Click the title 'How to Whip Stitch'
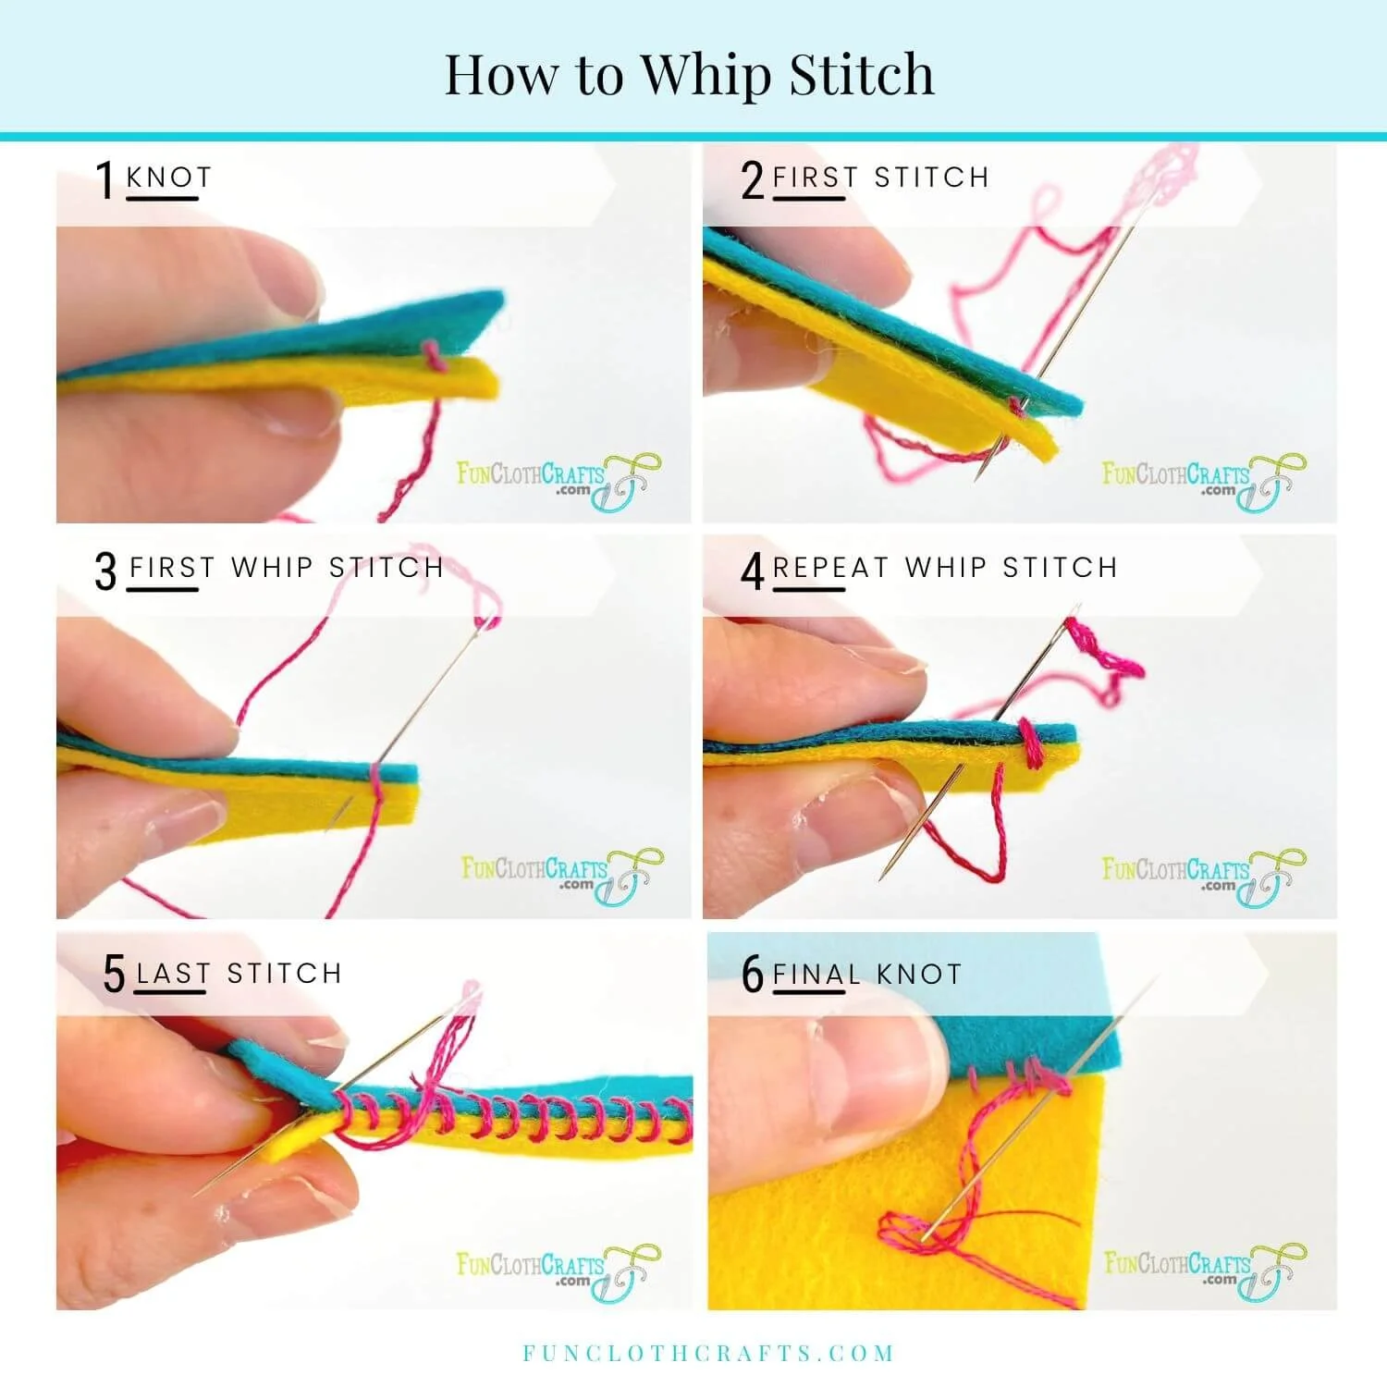689,74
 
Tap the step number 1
105,179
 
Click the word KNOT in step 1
169,177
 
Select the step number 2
753,179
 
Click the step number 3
106,571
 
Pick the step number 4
753,571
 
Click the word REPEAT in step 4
830,567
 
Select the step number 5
114,974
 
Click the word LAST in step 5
173,974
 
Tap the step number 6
753,974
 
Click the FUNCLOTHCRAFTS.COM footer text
708,1354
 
